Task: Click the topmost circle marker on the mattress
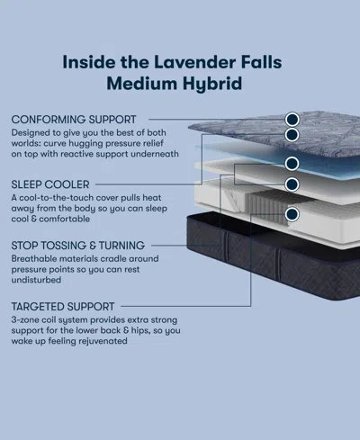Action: point(292,118)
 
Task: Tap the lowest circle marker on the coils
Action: point(292,214)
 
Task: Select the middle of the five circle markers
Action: point(292,164)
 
